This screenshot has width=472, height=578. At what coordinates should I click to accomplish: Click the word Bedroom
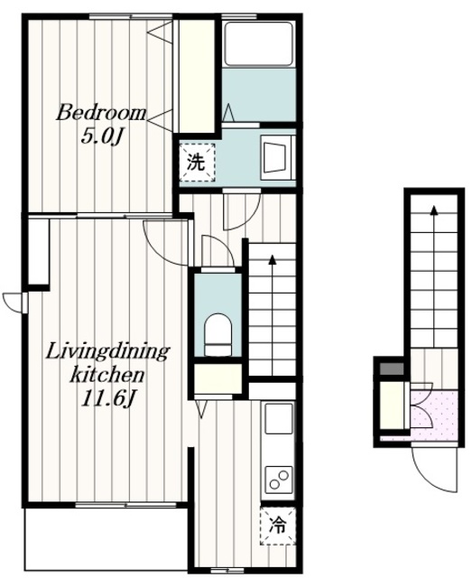coord(101,114)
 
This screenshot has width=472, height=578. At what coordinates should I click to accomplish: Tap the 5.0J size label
coord(102,137)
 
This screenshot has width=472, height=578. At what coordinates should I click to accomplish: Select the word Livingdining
coord(107,353)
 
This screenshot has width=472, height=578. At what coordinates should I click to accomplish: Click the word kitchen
coord(106,376)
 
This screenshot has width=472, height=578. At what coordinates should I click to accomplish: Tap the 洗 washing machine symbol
coord(197,163)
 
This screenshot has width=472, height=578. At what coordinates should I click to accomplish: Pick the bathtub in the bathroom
coord(259,44)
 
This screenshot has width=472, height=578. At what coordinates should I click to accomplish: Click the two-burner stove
coord(279,478)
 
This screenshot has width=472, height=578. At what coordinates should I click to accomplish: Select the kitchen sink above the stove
coord(279,419)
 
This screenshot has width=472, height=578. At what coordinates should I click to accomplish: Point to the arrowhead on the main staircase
coord(273,259)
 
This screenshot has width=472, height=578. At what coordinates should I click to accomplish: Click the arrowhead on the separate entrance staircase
coord(434,210)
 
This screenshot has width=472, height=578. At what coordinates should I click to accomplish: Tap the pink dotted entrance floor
coord(435,415)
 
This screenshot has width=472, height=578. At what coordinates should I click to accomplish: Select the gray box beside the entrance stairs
coord(392,369)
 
